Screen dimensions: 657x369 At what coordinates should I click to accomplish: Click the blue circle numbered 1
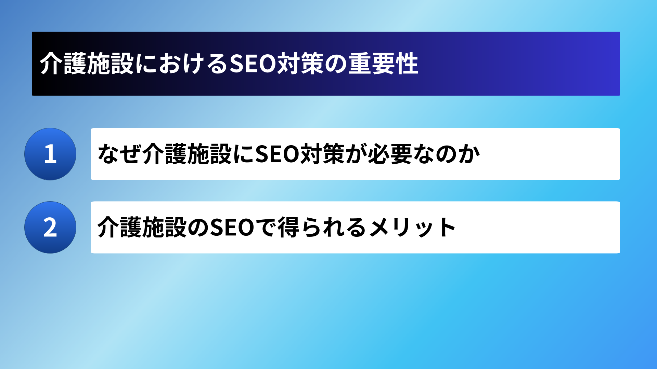point(50,154)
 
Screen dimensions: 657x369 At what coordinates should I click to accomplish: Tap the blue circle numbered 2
point(50,228)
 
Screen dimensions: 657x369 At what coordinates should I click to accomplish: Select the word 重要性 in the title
point(383,64)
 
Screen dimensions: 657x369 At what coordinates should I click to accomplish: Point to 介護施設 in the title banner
point(87,64)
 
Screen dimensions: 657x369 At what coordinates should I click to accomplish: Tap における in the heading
point(182,64)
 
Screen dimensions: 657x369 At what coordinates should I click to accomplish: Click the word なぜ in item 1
point(119,154)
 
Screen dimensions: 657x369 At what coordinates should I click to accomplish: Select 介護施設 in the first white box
point(187,154)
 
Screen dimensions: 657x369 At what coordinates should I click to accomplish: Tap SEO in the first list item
point(278,154)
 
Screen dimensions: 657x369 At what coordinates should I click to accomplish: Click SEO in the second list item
point(232,228)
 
